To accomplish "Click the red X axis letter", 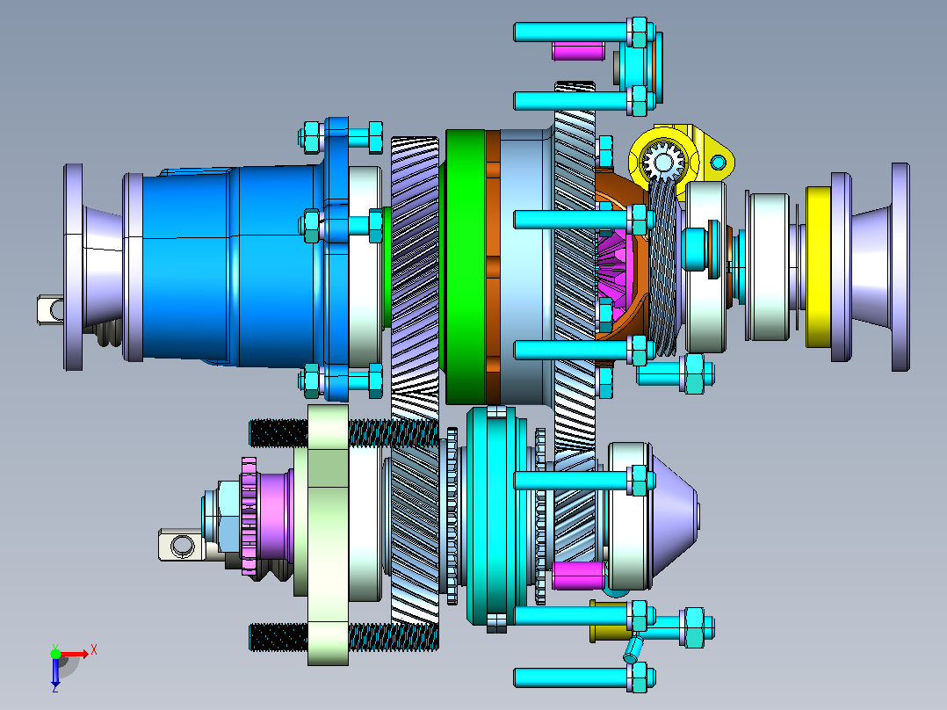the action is point(94,650).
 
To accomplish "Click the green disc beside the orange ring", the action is point(465,266).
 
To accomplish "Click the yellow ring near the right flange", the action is point(819,266).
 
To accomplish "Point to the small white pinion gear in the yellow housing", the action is point(662,162).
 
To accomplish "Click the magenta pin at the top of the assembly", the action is point(578,51).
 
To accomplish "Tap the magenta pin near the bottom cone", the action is point(579,576).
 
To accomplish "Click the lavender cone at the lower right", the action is point(674,517).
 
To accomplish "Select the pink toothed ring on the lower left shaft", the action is point(249,516).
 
